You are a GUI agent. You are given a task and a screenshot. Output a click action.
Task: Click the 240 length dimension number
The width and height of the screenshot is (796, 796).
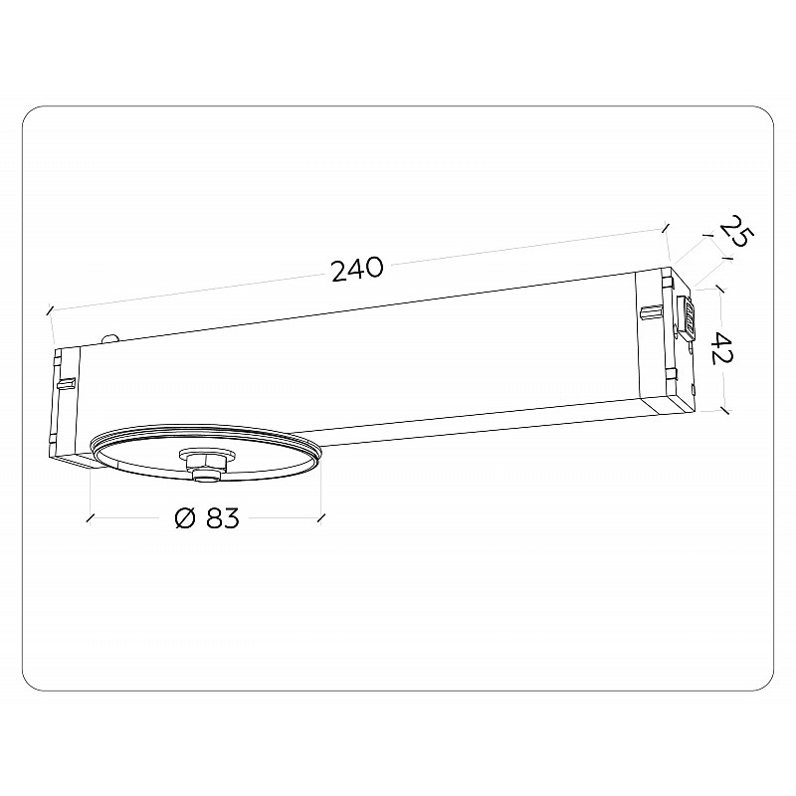[357, 269]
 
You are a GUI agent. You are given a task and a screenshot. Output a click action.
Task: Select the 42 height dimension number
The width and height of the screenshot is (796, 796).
[722, 349]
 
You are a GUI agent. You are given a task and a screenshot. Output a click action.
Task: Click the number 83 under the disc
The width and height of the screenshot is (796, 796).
[222, 518]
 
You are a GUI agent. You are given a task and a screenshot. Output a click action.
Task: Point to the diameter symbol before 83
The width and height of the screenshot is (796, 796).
[185, 518]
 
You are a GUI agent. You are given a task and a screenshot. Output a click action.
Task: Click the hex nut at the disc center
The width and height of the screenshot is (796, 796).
[206, 462]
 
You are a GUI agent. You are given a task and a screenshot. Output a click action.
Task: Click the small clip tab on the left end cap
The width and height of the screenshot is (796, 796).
[67, 382]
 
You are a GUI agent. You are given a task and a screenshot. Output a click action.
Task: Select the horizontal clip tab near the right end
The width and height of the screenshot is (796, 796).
[652, 312]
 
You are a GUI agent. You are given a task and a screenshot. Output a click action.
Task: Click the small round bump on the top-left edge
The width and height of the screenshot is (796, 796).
[110, 339]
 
